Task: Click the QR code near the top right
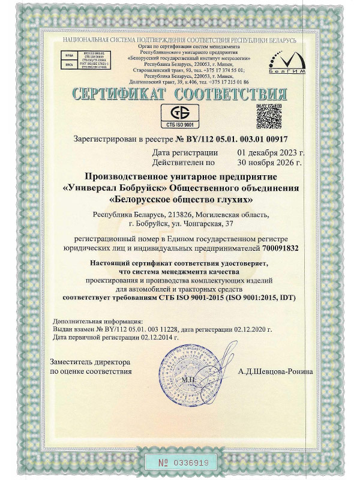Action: pos(269,116)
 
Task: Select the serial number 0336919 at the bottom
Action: pos(189,463)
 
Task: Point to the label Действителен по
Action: pos(184,162)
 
